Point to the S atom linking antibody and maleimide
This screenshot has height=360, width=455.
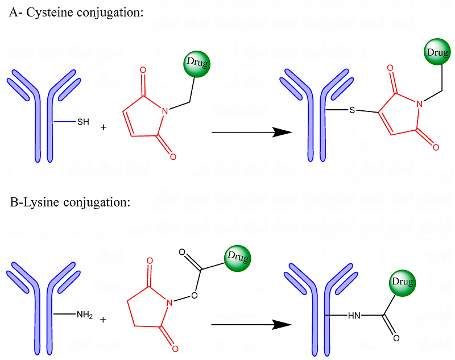click(x=352, y=110)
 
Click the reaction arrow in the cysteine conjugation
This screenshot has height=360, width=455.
click(x=251, y=133)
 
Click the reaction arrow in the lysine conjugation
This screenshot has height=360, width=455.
click(x=251, y=325)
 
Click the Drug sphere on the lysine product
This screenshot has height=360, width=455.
click(x=402, y=282)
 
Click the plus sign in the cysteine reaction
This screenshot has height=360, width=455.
click(x=103, y=127)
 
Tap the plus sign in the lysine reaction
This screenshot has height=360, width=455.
click(x=103, y=320)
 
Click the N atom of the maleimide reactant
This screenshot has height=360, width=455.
click(x=166, y=111)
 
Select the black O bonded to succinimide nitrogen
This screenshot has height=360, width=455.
click(x=195, y=295)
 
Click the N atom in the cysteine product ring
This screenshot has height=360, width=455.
click(x=419, y=103)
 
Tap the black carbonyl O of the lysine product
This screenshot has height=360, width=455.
click(x=396, y=338)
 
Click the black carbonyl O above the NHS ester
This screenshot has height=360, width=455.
click(x=182, y=251)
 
